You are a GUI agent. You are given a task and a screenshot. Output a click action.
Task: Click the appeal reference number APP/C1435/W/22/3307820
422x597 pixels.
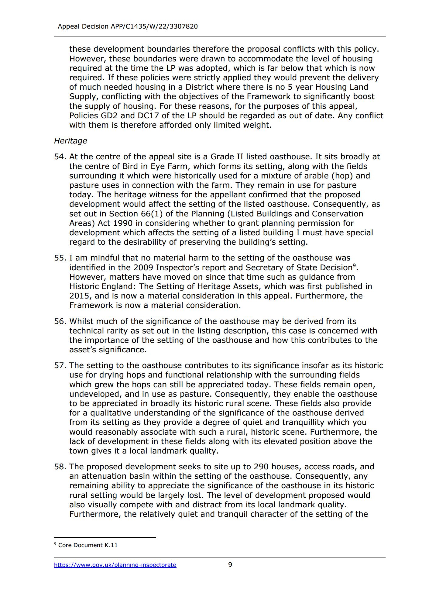(x=154, y=26)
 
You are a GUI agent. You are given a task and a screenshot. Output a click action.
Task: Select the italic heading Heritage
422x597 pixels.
(x=70, y=141)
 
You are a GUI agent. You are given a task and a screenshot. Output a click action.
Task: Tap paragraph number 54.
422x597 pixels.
(x=60, y=157)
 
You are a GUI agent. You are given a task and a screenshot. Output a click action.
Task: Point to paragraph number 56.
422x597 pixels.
(x=60, y=322)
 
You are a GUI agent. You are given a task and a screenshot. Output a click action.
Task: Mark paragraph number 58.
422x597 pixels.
(x=60, y=467)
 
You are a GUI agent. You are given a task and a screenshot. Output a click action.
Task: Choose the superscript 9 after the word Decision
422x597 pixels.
(x=354, y=266)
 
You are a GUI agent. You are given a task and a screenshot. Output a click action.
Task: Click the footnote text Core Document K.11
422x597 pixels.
(x=88, y=545)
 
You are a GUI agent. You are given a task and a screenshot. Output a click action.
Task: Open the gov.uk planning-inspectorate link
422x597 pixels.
(x=115, y=565)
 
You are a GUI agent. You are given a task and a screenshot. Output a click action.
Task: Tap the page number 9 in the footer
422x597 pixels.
(x=230, y=564)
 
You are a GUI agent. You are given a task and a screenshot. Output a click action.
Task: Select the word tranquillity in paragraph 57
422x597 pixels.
(x=309, y=423)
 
